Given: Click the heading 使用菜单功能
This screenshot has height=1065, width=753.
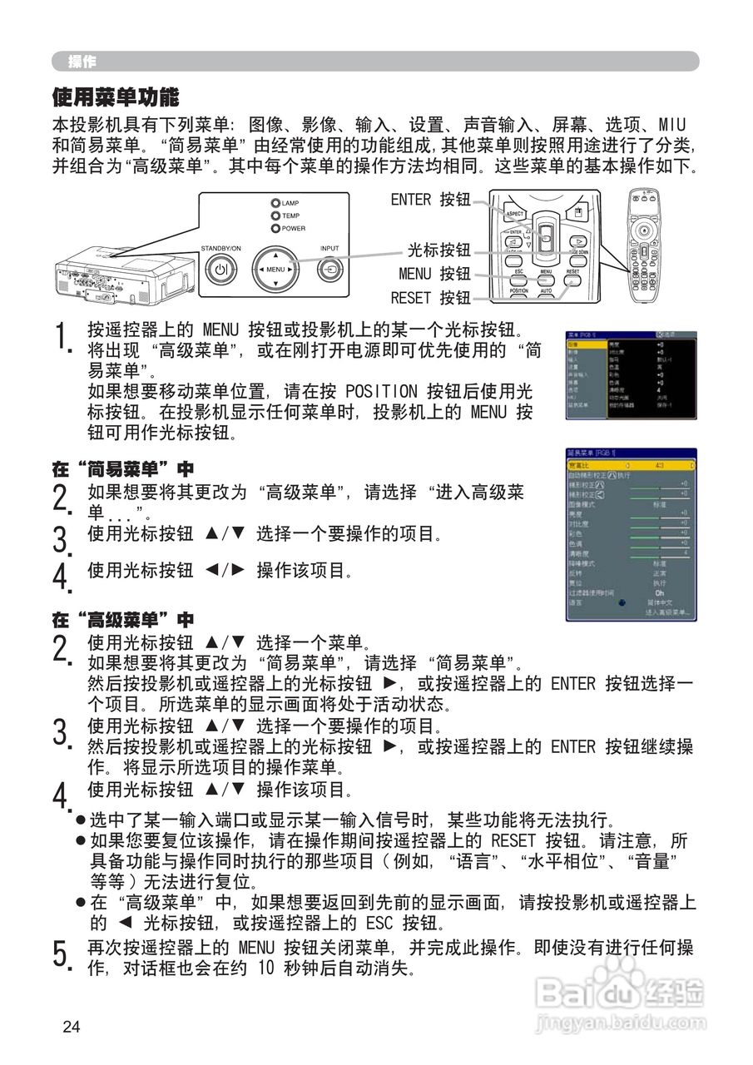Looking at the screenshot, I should (x=116, y=98).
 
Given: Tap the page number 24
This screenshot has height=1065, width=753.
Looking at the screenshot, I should (x=72, y=1027).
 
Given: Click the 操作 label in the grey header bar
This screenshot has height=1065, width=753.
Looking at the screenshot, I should (x=82, y=62).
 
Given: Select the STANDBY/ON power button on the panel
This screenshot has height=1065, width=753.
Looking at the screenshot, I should (x=220, y=270).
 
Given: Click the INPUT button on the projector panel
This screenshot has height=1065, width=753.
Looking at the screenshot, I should (x=330, y=270).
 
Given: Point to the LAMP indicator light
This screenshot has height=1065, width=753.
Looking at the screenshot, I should (x=275, y=203).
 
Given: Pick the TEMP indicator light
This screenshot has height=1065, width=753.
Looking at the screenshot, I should (x=275, y=215).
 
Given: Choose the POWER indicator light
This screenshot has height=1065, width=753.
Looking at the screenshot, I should (x=275, y=228).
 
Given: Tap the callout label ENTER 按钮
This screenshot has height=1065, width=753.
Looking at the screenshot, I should (x=430, y=200).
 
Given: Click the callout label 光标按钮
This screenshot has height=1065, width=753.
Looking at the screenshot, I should (x=438, y=250).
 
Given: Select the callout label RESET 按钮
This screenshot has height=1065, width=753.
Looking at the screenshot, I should (x=430, y=298).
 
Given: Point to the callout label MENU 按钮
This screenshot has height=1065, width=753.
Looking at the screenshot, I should (x=433, y=274).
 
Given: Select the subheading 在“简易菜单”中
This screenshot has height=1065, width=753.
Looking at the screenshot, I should (x=122, y=470).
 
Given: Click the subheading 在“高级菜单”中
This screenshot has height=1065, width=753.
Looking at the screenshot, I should (x=122, y=620).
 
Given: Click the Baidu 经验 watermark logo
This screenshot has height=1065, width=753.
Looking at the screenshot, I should (x=620, y=992).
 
